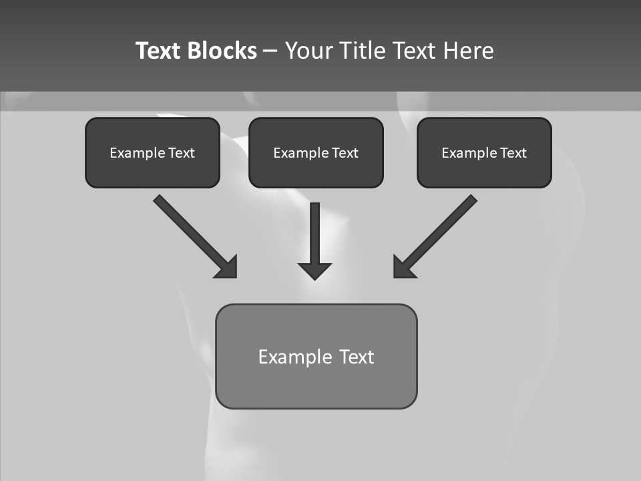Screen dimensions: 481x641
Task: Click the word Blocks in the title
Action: tap(223, 51)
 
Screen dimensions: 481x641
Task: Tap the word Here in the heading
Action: tap(469, 51)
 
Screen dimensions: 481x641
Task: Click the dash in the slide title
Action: tap(270, 51)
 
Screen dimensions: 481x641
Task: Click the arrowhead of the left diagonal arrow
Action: tap(227, 267)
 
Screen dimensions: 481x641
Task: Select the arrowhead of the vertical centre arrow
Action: tap(314, 271)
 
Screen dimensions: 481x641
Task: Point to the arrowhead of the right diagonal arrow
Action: tap(403, 267)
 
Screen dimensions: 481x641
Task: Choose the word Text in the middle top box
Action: tap(345, 153)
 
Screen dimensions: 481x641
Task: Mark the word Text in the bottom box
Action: tap(357, 357)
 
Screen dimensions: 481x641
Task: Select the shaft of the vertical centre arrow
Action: tap(314, 230)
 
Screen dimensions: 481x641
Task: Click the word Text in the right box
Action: tap(513, 153)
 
